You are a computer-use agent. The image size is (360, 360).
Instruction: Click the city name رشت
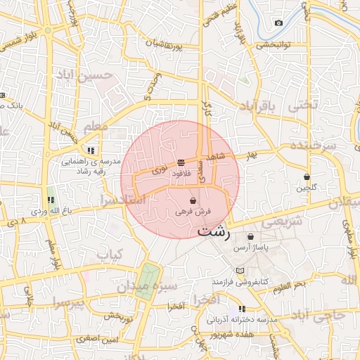pos(214,231)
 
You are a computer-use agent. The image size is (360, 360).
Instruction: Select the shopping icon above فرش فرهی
pos(193,201)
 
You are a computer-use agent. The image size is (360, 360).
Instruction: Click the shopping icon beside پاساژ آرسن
pos(250,237)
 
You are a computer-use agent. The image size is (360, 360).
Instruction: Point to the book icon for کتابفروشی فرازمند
pos(240,271)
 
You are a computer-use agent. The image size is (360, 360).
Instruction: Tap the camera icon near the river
pos(279,23)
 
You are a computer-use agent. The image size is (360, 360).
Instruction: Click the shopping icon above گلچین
pos(307,177)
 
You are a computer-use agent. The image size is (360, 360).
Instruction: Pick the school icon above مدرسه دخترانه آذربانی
pos(243,309)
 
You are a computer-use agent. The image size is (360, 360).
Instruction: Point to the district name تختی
pos(304,104)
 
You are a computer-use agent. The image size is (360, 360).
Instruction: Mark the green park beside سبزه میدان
pos(148,280)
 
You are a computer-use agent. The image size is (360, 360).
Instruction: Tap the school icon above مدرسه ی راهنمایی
pos(91,150)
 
